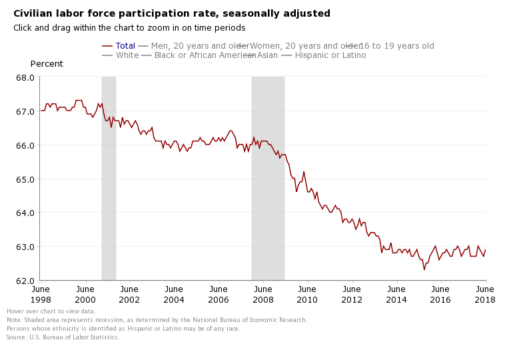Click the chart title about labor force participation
(x=172, y=13)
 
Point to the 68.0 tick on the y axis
(x=25, y=77)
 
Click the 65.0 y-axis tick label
(x=25, y=179)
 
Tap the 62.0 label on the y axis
(x=25, y=281)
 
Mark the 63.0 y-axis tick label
(x=25, y=247)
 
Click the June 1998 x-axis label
(x=40, y=294)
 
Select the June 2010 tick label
(x=307, y=294)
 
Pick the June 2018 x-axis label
(x=485, y=294)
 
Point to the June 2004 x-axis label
(x=173, y=294)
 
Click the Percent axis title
(x=47, y=64)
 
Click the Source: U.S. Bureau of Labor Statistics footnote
(x=63, y=337)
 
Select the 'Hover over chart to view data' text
(x=51, y=311)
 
